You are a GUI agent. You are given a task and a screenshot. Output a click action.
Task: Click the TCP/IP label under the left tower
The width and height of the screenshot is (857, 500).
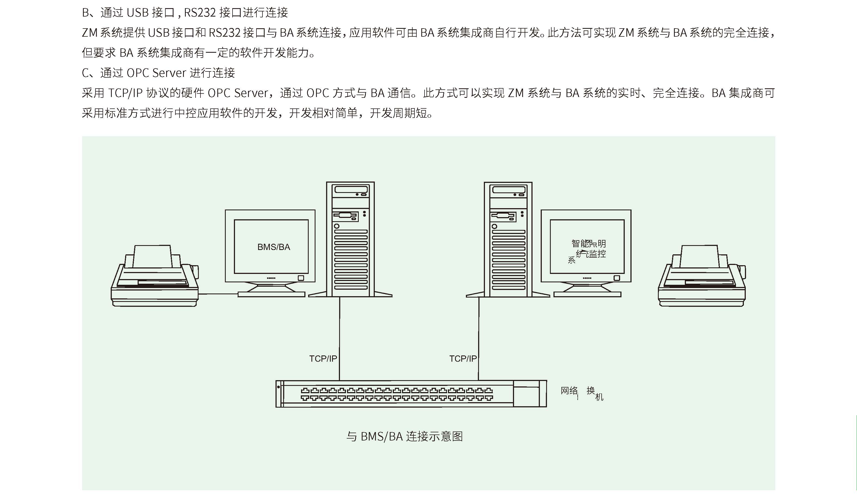click(323, 359)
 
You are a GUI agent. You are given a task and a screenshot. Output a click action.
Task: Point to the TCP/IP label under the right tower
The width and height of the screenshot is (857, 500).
click(463, 359)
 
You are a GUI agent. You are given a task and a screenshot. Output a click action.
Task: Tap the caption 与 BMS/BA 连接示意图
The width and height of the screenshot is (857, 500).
click(404, 436)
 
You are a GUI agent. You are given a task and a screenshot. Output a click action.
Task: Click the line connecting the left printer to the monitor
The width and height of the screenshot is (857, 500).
click(218, 294)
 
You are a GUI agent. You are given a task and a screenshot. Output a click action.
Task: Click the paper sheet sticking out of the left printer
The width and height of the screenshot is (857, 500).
click(152, 257)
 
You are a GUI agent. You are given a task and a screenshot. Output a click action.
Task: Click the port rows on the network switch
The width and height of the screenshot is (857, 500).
click(397, 394)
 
